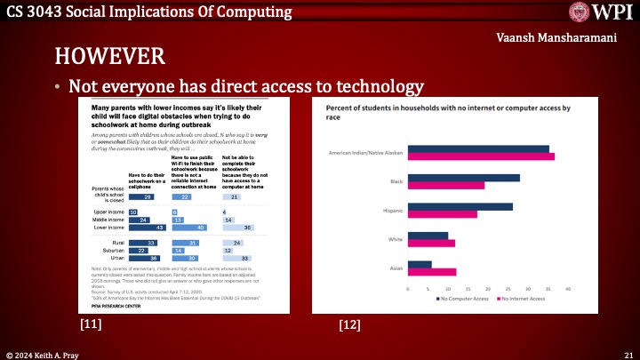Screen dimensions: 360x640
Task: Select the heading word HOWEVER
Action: (108, 57)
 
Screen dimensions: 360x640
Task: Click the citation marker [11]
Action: (91, 325)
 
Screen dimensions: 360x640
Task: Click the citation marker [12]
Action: (349, 325)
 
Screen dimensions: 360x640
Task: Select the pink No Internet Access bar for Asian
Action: (431, 272)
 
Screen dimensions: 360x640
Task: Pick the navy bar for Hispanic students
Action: (460, 207)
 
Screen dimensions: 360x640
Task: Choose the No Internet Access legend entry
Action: (524, 300)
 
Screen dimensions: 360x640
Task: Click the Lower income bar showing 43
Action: (146, 228)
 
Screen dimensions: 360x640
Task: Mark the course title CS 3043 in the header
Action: (35, 12)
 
